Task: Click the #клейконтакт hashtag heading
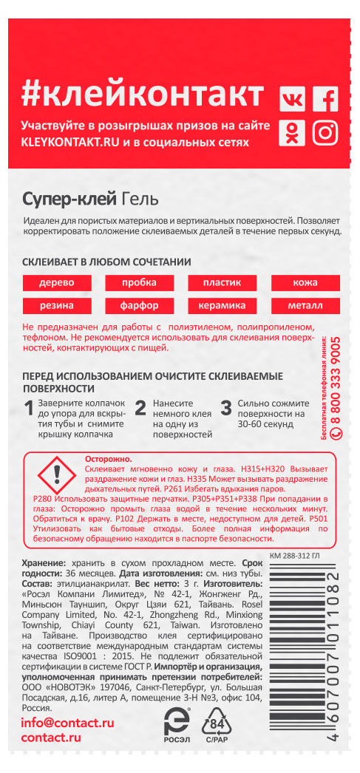tap(143, 95)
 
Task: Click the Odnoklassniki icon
tap(292, 133)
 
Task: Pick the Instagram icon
tap(325, 133)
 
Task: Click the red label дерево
tap(56, 284)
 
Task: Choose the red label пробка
tap(140, 284)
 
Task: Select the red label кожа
tap(305, 284)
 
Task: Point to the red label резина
tap(56, 305)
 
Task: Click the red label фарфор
tap(140, 305)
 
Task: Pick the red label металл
tap(305, 305)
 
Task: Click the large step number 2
tap(140, 409)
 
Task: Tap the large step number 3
tap(226, 409)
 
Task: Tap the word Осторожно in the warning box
tap(108, 459)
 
